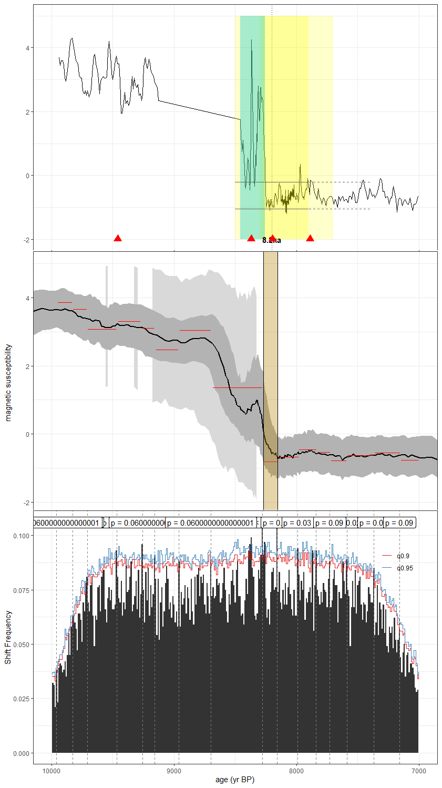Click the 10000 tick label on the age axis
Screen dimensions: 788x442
pyautogui.click(x=51, y=771)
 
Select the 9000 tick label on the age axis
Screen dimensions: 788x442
pyautogui.click(x=173, y=771)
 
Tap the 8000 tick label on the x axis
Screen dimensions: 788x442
pyautogui.click(x=296, y=771)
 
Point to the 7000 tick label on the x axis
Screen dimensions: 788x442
pyautogui.click(x=418, y=771)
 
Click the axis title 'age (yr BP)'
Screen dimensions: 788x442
pyautogui.click(x=235, y=780)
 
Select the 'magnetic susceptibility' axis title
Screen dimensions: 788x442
pyautogui.click(x=8, y=383)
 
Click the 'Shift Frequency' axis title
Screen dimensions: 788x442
pyautogui.click(x=8, y=637)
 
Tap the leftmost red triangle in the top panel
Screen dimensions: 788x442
pyautogui.click(x=118, y=239)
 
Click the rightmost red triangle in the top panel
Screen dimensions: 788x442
pyautogui.click(x=310, y=239)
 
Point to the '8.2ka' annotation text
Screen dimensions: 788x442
pyautogui.click(x=272, y=240)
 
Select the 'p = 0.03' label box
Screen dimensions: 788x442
pyautogui.click(x=297, y=523)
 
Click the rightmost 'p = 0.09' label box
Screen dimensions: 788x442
pyautogui.click(x=399, y=523)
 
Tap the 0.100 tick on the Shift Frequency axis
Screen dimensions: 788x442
pyautogui.click(x=22, y=535)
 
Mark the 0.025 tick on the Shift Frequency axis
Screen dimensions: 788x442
pyautogui.click(x=22, y=699)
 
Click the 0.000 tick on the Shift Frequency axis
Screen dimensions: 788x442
pyautogui.click(x=22, y=753)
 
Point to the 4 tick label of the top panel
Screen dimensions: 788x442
pyautogui.click(x=28, y=48)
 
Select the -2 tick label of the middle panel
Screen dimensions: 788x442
pyautogui.click(x=26, y=503)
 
